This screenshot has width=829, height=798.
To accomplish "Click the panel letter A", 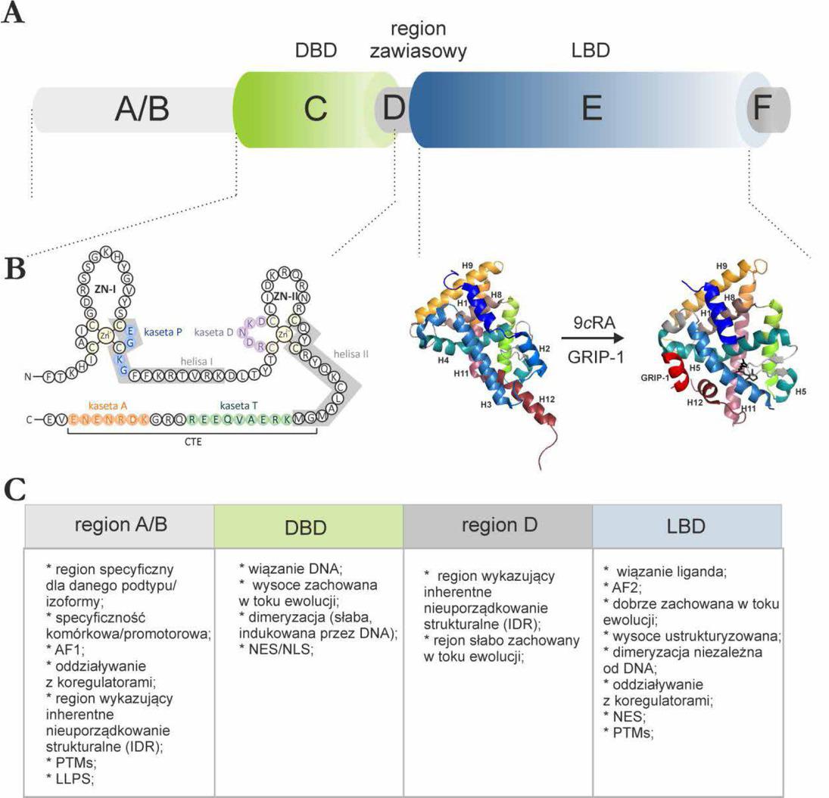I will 13,13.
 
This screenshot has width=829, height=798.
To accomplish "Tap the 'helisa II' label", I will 340,354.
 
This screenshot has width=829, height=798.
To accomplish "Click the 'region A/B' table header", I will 119,527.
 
